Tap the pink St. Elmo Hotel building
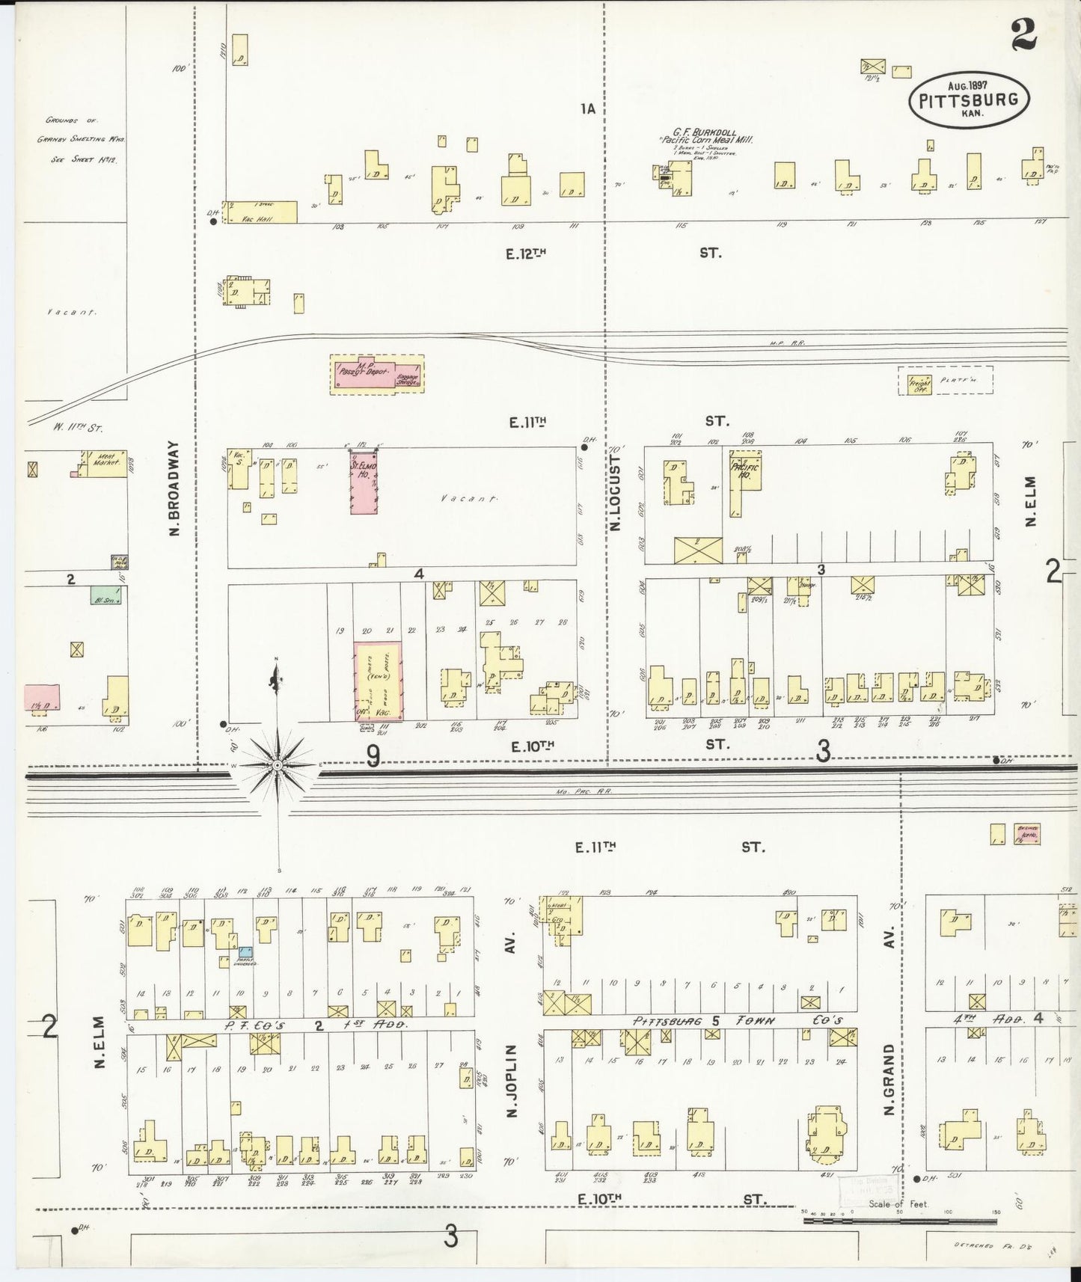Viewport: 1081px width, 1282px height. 364,482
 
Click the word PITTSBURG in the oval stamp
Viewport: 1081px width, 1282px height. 969,100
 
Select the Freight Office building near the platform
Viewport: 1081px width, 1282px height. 919,383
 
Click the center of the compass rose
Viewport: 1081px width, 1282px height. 277,765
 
